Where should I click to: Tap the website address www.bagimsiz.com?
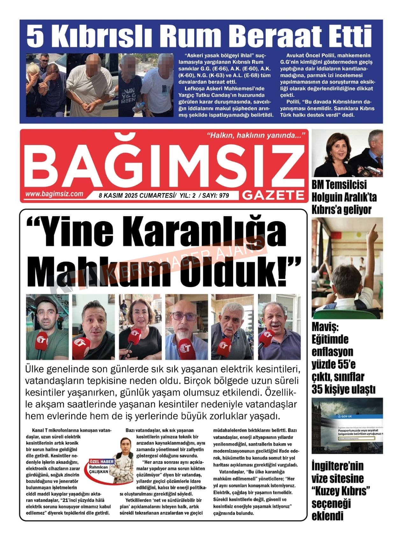coord(54,194)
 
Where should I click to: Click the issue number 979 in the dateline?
coord(224,195)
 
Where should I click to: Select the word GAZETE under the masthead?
coord(273,195)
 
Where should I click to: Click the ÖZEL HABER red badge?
coord(101,461)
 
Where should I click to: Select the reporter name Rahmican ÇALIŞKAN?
coord(98,469)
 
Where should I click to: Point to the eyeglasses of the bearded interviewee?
coord(184,317)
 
